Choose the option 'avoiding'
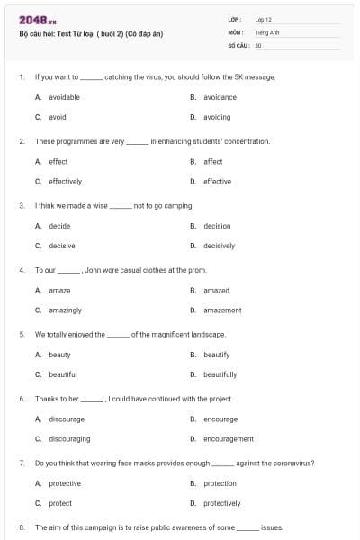217,117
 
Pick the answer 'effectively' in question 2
65,181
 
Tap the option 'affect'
213,161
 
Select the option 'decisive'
62,246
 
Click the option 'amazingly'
65,310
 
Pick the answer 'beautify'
216,355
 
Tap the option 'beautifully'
220,374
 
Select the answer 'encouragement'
228,438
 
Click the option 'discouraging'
69,438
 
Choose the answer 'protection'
220,483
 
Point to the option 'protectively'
221,503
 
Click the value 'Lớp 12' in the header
263,19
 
